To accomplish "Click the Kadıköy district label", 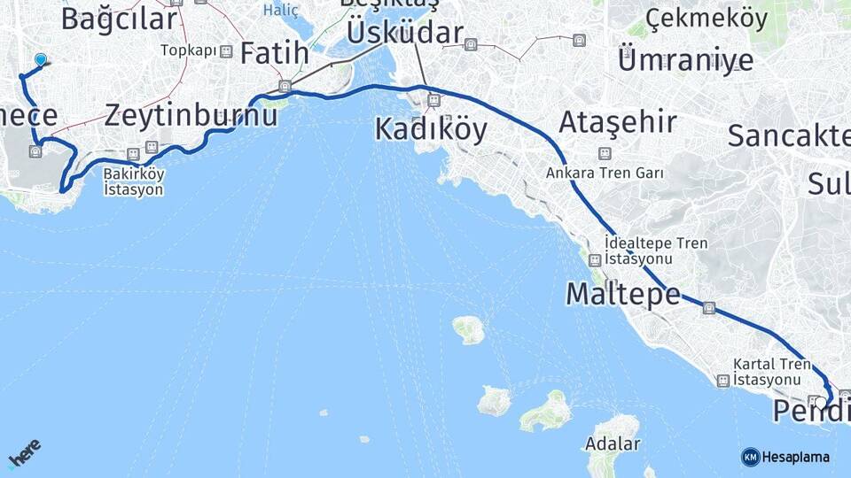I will click(x=431, y=129).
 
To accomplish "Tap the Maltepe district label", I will click(x=623, y=294).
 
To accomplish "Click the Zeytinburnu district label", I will click(x=191, y=114).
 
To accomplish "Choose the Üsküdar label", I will click(x=405, y=34).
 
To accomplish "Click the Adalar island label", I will click(x=613, y=443).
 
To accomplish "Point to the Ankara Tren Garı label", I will click(x=605, y=173).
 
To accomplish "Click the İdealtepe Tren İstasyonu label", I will click(x=637, y=251).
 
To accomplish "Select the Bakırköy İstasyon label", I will click(x=133, y=181).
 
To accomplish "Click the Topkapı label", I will click(x=189, y=50).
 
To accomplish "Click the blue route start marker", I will click(x=40, y=59).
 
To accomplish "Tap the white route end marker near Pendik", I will click(x=821, y=403).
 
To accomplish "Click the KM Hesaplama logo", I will click(x=785, y=457).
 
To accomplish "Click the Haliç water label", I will click(x=282, y=11).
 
